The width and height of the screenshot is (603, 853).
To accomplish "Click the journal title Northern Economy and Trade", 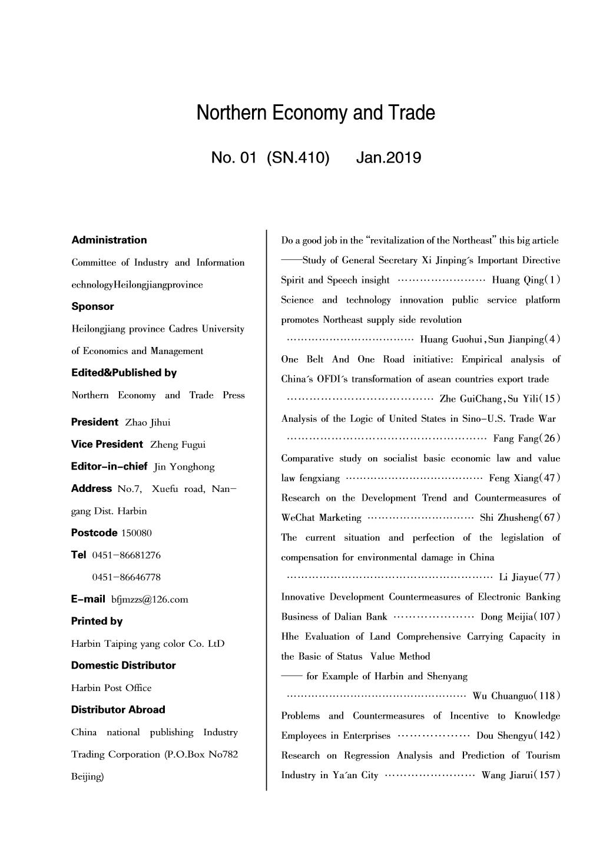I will (316, 113).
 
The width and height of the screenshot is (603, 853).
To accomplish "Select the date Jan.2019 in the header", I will (388, 158).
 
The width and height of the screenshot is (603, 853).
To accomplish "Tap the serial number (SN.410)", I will (297, 158).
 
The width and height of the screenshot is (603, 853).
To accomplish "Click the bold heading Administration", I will (109, 240).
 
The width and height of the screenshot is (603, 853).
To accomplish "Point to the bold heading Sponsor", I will (92, 306).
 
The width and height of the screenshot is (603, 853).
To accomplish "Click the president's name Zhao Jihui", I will (148, 422).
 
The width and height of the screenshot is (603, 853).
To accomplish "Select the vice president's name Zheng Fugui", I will (178, 445).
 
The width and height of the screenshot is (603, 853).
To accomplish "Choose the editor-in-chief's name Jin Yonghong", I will (184, 467).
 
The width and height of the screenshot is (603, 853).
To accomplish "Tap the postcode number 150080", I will (136, 533).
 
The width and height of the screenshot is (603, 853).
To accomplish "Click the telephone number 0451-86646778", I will (126, 577).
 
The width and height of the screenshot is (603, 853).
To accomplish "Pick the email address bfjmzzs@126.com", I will (150, 600).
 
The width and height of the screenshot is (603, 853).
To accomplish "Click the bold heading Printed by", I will (97, 621).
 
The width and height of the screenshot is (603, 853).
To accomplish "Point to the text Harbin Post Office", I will (111, 688).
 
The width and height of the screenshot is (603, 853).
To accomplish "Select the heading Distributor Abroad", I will (118, 709).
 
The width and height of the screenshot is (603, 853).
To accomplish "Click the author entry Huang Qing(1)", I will (526, 280).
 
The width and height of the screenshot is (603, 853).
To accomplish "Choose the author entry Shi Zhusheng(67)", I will (520, 518).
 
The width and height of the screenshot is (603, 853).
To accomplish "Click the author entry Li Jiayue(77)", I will (529, 577).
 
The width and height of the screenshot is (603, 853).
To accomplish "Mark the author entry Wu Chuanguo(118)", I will (516, 696).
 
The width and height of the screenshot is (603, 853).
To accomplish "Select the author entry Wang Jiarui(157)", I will (521, 775).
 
